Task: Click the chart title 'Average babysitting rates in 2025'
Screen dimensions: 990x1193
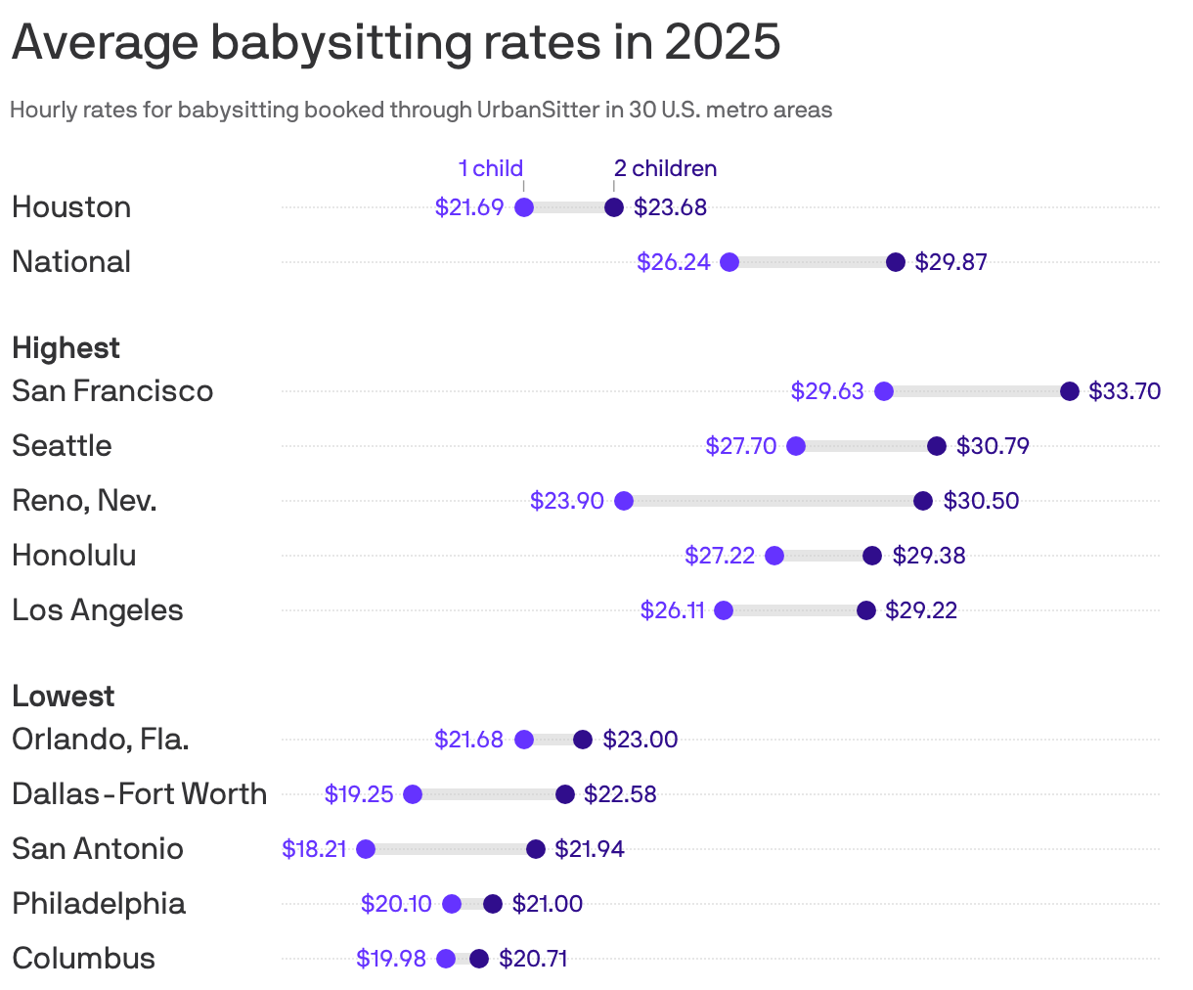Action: point(396,42)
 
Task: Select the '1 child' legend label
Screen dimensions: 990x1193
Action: point(490,168)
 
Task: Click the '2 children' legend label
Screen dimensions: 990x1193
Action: point(665,168)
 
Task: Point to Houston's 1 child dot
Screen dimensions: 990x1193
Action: point(524,207)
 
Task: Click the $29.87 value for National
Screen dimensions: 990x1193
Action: point(950,262)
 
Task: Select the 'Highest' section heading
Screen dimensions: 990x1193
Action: point(66,348)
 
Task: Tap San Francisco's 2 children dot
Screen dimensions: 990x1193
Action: point(1070,391)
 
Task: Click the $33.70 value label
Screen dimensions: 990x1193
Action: point(1125,391)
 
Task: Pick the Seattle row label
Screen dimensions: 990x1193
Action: point(62,446)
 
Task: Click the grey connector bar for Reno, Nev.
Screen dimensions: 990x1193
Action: point(773,501)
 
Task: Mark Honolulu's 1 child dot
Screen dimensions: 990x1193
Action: point(774,556)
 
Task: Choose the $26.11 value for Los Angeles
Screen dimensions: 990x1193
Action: point(672,610)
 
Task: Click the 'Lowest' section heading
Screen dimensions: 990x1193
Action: point(63,697)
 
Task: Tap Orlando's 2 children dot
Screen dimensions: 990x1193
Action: point(583,740)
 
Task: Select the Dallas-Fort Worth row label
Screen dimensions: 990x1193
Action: point(139,794)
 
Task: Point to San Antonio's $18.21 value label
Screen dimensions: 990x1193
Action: point(314,849)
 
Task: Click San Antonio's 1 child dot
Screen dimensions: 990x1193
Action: point(366,849)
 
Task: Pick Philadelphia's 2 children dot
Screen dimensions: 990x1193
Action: point(493,904)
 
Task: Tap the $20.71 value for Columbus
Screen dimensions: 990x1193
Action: point(533,959)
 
